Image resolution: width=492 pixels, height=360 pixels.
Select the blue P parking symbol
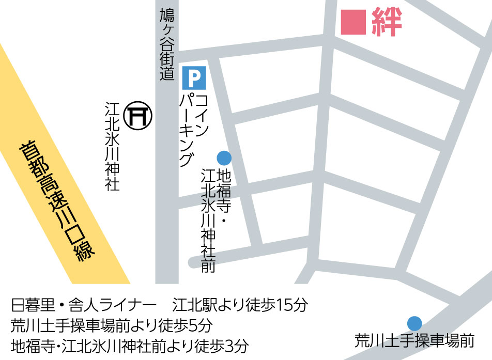(x=194, y=77)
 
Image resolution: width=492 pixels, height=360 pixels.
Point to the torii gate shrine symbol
(x=139, y=115)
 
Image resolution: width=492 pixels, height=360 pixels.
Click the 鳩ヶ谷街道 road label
(x=167, y=43)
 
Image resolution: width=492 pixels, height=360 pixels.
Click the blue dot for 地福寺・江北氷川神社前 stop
(x=224, y=158)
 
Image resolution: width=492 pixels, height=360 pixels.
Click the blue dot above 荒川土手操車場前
(x=414, y=323)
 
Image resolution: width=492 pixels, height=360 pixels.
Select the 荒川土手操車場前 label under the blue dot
(x=414, y=341)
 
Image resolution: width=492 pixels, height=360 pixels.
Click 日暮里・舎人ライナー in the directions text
(x=83, y=305)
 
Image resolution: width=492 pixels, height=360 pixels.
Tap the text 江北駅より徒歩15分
(x=240, y=305)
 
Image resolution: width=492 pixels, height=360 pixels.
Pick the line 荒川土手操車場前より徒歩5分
(x=111, y=325)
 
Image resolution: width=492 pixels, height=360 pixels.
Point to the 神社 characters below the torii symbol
(x=112, y=175)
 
